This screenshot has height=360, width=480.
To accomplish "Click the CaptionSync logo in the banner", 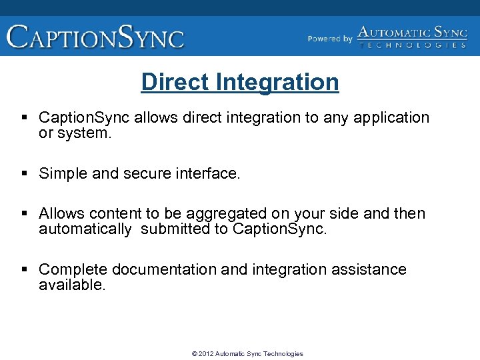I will (95, 36).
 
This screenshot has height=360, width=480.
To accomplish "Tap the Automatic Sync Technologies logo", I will (412, 37).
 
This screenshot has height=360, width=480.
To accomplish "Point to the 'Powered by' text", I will (329, 39).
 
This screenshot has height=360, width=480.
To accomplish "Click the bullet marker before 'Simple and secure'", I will (25, 174).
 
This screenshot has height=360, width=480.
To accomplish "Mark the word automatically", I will (85, 229).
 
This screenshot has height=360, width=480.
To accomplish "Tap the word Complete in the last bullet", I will (73, 269).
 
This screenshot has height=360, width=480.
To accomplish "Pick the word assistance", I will (369, 269).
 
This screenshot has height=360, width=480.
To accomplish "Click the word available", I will (72, 285).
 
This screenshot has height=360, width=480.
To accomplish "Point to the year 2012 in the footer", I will (207, 354).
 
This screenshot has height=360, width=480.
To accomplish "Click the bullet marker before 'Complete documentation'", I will (25, 269).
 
